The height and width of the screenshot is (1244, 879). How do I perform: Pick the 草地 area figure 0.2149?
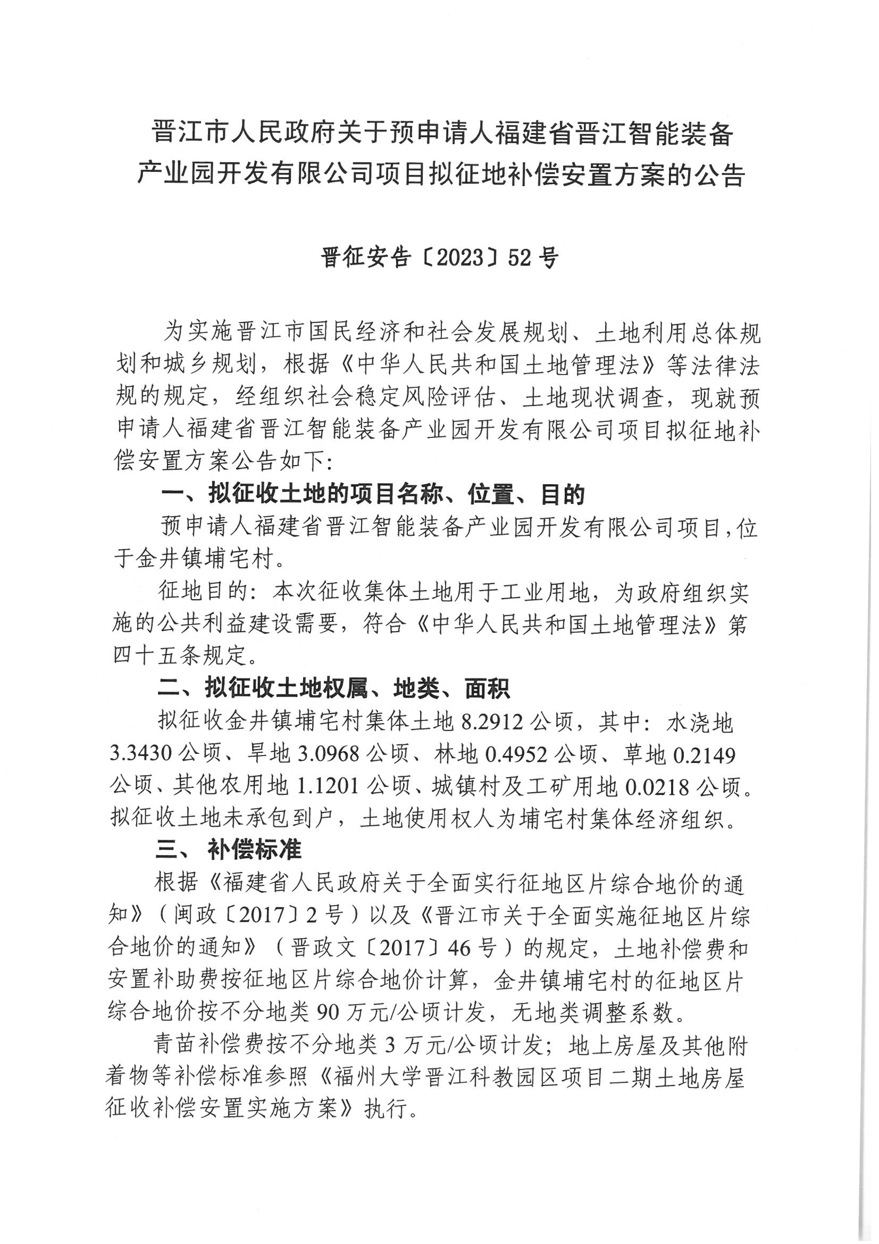704,753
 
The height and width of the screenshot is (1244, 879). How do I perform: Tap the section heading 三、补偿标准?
228,850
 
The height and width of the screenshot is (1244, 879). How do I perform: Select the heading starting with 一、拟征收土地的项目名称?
373,494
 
